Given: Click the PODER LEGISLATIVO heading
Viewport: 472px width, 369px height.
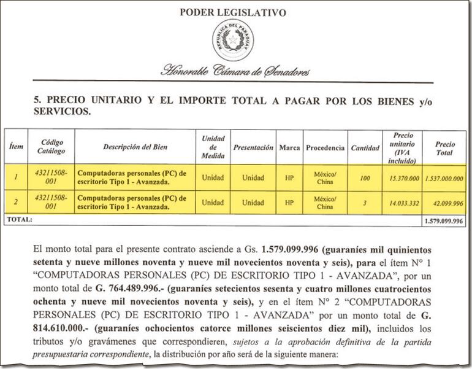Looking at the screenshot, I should (x=232, y=12).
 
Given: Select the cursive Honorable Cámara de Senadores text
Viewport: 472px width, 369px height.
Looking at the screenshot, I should (x=235, y=71).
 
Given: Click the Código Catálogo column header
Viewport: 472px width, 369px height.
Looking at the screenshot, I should (x=51, y=147).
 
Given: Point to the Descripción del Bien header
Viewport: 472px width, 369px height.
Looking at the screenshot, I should (x=135, y=147).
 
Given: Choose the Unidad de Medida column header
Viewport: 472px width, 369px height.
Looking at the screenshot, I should (x=213, y=147).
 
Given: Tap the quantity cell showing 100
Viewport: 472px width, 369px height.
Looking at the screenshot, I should (x=365, y=177).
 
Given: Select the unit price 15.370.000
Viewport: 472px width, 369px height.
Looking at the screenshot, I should (x=401, y=177).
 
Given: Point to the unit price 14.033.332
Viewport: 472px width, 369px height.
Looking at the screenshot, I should (x=401, y=203).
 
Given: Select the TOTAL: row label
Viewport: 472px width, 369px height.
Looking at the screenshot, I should (x=18, y=219).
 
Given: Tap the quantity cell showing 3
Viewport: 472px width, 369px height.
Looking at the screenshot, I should (x=365, y=203).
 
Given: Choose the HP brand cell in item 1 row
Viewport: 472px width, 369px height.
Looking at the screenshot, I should (x=289, y=177).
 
